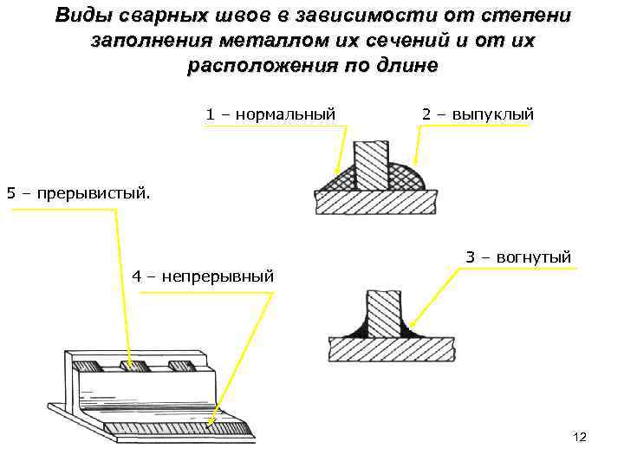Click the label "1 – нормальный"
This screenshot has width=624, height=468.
[x=270, y=114]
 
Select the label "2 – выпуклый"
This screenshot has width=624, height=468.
[x=478, y=114]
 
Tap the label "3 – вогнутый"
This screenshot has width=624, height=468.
[x=518, y=257]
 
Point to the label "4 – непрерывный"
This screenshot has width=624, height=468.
[x=203, y=276]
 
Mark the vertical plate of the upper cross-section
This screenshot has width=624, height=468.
[x=372, y=165]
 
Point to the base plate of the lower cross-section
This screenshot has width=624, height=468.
[x=392, y=349]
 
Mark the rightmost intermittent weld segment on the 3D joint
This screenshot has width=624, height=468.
[x=180, y=365]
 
